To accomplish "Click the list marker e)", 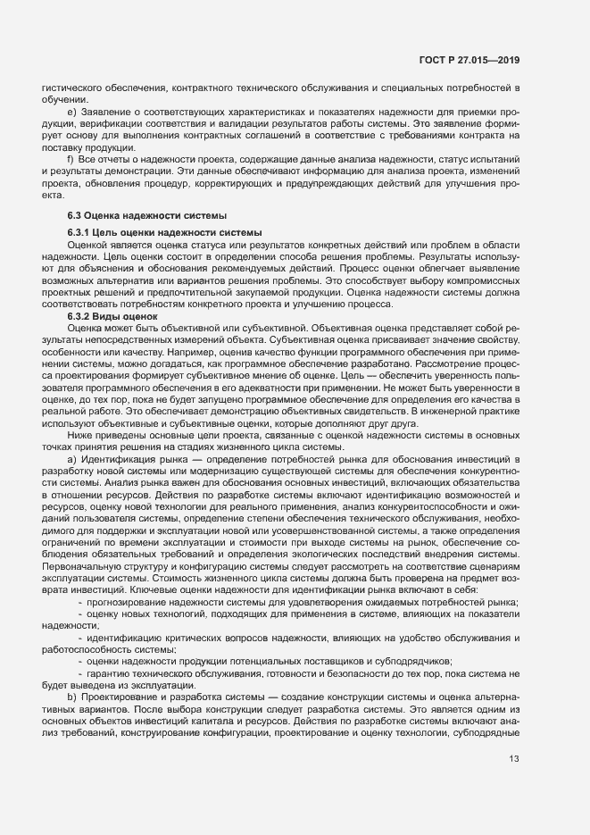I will click(71, 112).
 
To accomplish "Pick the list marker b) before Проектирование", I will click(71, 692).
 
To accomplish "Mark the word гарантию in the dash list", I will click(112, 669).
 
